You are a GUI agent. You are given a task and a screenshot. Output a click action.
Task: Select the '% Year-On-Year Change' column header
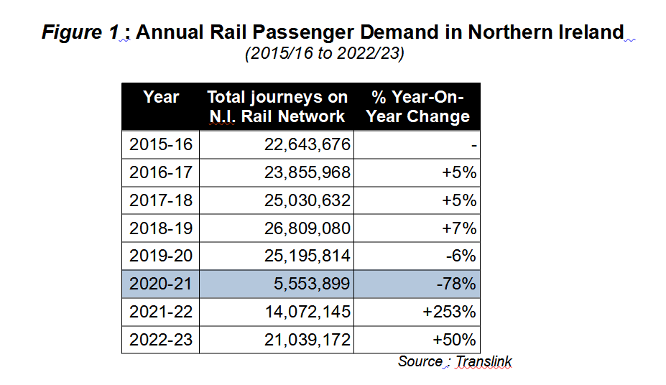418,106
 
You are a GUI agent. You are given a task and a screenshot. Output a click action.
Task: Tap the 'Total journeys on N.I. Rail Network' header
277,106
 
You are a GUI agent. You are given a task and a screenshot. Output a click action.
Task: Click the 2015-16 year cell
161,145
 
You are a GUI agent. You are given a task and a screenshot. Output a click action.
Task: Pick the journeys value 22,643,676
307,145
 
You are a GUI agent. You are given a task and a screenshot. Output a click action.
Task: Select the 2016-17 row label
161,173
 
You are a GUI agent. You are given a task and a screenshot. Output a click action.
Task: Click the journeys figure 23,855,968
307,173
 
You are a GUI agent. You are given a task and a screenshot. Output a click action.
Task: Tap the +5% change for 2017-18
459,200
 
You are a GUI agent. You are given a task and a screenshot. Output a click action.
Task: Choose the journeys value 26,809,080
307,228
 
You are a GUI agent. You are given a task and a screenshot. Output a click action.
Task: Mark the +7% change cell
459,228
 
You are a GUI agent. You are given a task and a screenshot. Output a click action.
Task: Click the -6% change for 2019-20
461,256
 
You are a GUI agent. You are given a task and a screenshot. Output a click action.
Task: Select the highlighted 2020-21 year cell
160,284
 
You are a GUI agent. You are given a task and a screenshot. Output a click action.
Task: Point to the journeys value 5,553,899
312,284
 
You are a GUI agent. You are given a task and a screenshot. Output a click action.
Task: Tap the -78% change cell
456,284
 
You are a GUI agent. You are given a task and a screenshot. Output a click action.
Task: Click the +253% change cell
449,312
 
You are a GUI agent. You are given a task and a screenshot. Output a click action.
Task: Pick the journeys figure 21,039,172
307,340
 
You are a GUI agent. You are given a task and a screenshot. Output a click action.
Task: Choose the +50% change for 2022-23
455,340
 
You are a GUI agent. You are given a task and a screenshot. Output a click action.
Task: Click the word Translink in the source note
484,361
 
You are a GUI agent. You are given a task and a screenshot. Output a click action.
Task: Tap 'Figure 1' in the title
80,32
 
